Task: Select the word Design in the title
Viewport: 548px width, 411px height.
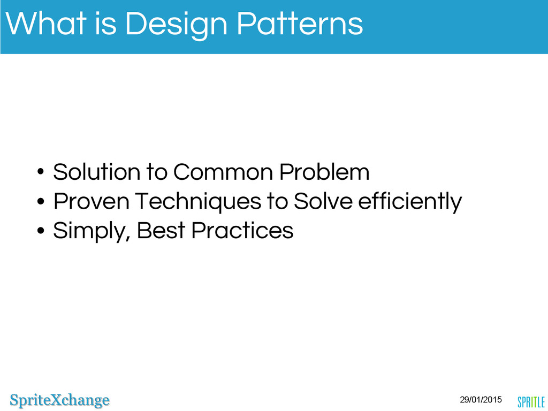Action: [176, 26]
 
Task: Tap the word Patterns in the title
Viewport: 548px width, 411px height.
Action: [300, 24]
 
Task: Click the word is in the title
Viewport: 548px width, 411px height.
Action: [105, 24]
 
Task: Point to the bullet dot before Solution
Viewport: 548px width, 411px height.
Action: [41, 172]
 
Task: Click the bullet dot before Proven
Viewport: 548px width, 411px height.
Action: [41, 201]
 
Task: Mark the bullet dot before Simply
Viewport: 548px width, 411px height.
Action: [41, 231]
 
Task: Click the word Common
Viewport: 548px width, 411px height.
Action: [223, 172]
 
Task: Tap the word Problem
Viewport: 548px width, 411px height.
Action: [324, 172]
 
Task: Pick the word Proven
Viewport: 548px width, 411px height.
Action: [91, 201]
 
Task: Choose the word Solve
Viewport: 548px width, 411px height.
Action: [323, 201]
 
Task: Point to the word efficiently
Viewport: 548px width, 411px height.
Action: [410, 202]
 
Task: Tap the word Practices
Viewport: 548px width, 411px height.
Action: [242, 230]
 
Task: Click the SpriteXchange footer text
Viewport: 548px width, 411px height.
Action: [60, 400]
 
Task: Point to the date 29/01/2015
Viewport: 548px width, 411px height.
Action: [481, 399]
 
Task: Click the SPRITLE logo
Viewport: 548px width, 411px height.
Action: [531, 402]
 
